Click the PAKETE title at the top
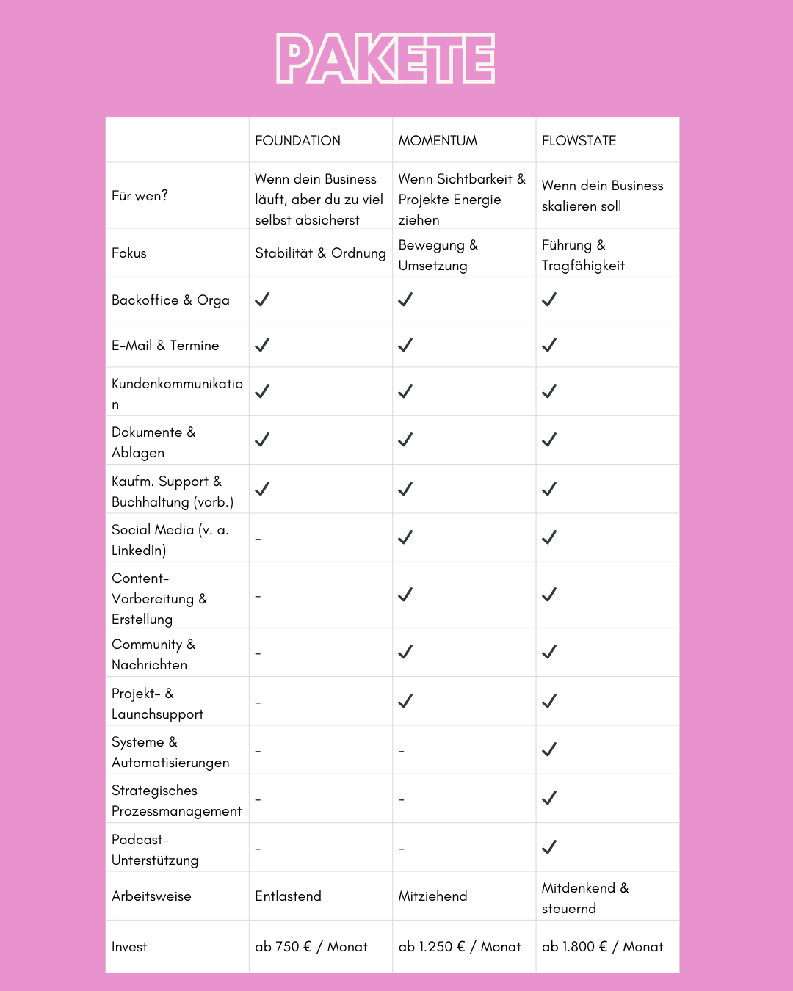click(385, 59)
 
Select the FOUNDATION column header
click(297, 140)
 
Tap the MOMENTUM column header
click(438, 140)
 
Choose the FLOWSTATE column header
click(579, 140)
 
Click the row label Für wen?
click(140, 195)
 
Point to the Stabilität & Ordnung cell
click(320, 253)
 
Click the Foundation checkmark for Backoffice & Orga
click(262, 300)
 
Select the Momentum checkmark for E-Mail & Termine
click(405, 345)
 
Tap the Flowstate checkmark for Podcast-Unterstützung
click(549, 847)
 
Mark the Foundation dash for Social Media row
click(258, 539)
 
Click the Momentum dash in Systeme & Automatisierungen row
click(401, 751)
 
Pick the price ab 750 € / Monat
click(311, 946)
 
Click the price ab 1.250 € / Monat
click(460, 946)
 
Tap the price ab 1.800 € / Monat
click(602, 946)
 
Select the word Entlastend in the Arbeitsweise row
click(288, 896)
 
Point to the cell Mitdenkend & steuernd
click(584, 898)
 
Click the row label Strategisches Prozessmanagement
click(176, 800)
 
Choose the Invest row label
click(129, 947)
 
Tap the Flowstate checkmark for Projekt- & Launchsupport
click(549, 701)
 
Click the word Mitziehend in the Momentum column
click(432, 896)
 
